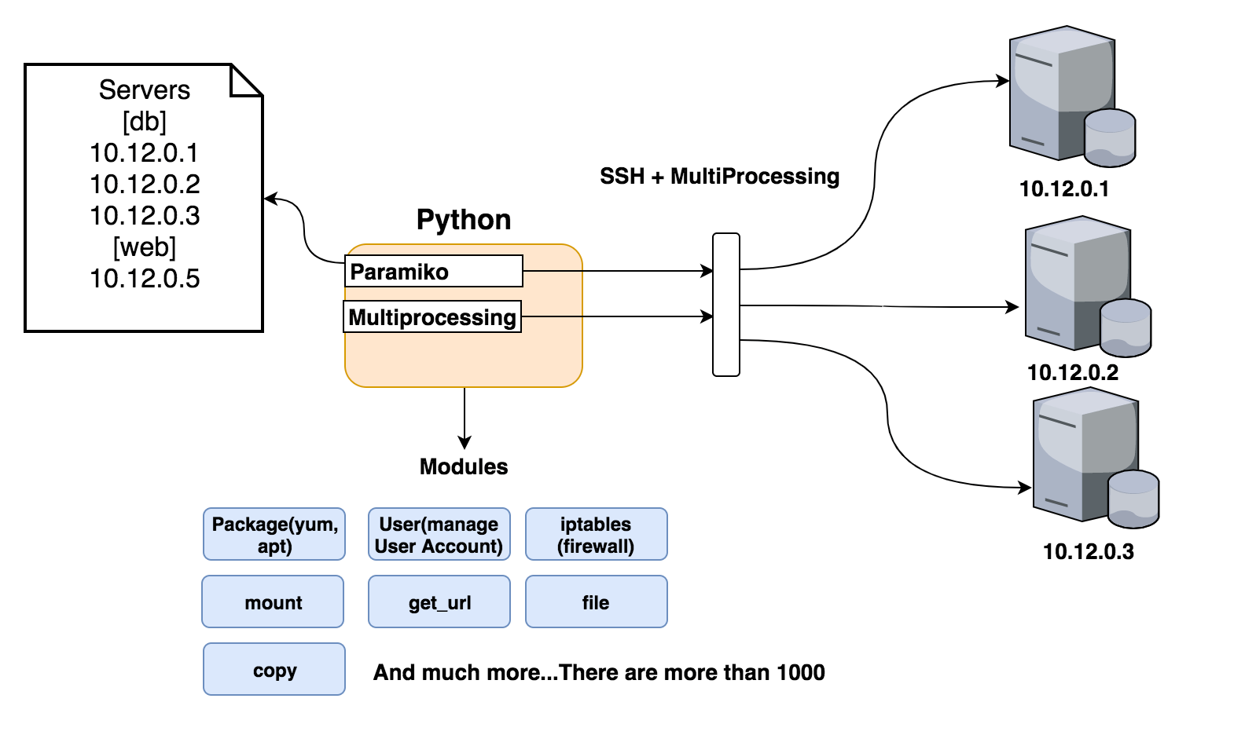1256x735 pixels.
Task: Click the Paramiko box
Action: (x=433, y=272)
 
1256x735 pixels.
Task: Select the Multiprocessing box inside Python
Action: (x=432, y=317)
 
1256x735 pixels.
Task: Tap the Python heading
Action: (x=464, y=220)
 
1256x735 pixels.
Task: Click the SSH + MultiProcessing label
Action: (x=719, y=177)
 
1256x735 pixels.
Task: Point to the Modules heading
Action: (x=464, y=467)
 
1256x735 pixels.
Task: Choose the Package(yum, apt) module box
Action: (x=274, y=535)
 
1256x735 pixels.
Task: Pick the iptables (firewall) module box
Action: (x=596, y=535)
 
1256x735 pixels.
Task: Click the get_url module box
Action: (x=439, y=602)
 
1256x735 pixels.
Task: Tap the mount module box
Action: (x=273, y=602)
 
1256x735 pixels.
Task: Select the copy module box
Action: (x=274, y=670)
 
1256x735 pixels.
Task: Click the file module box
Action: (x=596, y=602)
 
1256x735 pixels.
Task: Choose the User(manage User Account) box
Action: (x=439, y=535)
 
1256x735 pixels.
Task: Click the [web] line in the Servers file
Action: (x=145, y=247)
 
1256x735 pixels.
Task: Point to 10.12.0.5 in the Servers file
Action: (x=145, y=279)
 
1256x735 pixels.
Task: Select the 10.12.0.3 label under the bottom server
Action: (x=1088, y=551)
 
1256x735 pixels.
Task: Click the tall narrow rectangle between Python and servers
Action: (x=726, y=305)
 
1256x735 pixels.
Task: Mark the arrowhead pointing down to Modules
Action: (x=465, y=443)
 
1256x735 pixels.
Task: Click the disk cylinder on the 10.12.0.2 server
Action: (x=1126, y=327)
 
